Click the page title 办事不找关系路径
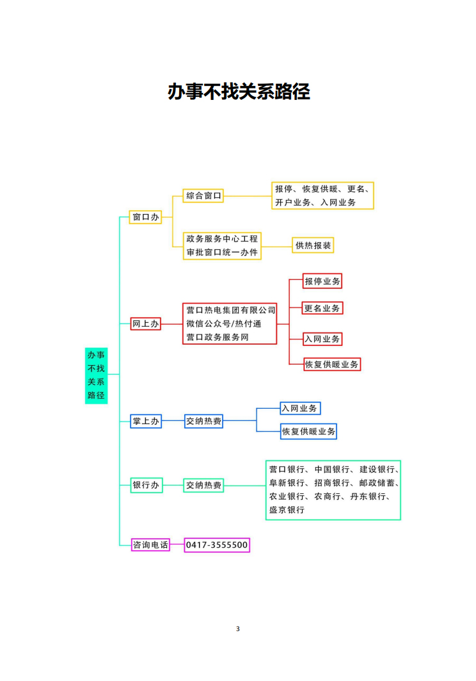pyautogui.click(x=238, y=92)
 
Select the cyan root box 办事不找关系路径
pyautogui.click(x=96, y=375)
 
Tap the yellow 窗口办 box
pyautogui.click(x=145, y=217)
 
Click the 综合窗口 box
pyautogui.click(x=203, y=195)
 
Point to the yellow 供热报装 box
pyautogui.click(x=313, y=245)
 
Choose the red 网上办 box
pyautogui.click(x=145, y=324)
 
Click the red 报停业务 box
pyautogui.click(x=322, y=281)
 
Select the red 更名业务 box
pyautogui.click(x=322, y=308)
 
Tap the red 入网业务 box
pyautogui.click(x=322, y=338)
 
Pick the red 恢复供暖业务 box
pyautogui.click(x=332, y=364)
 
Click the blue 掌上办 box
pyautogui.click(x=146, y=421)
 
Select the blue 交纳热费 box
pyautogui.click(x=204, y=421)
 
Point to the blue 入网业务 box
pyautogui.click(x=300, y=408)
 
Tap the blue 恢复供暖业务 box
pyautogui.click(x=308, y=431)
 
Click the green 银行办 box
pyautogui.click(x=146, y=486)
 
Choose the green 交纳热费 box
pyautogui.click(x=204, y=486)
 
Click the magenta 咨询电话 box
pyautogui.click(x=150, y=545)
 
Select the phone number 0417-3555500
pyautogui.click(x=217, y=545)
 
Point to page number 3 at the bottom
pyautogui.click(x=238, y=628)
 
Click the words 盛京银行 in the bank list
pyautogui.click(x=287, y=510)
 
